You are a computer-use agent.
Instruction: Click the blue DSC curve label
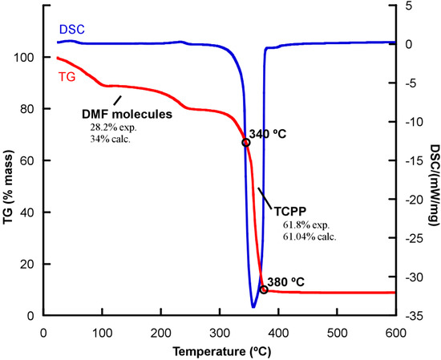70,27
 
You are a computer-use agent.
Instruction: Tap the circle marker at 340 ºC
246,143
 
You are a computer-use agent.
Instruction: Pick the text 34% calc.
110,139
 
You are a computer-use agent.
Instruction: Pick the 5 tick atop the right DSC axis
411,6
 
